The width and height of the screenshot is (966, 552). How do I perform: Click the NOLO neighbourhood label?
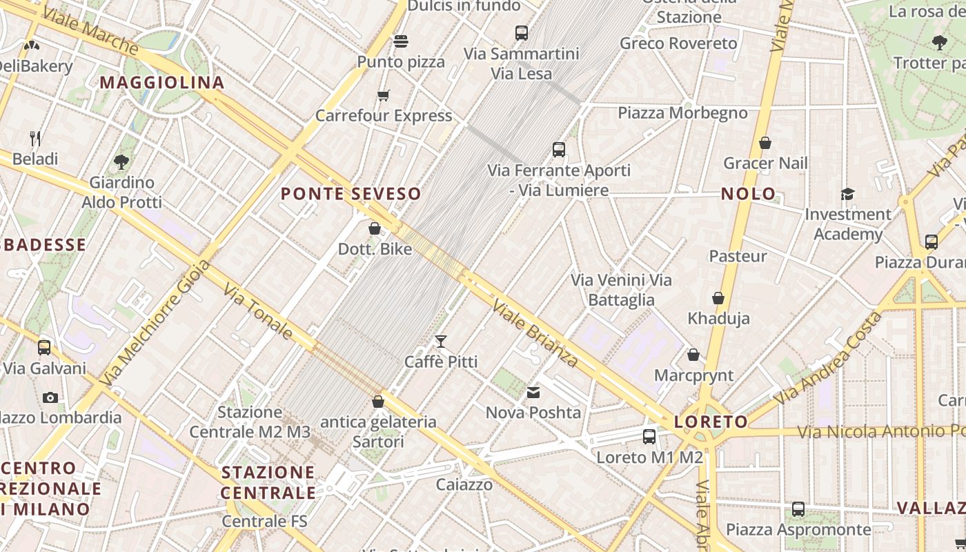(x=749, y=194)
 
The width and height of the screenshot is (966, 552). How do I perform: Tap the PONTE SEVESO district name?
(x=351, y=194)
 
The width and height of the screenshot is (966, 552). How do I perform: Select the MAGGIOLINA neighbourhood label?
(x=162, y=83)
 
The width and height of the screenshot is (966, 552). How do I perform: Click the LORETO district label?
(x=711, y=422)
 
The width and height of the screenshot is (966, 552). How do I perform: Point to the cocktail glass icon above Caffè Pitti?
(x=441, y=342)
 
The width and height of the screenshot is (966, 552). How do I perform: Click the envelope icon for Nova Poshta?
(x=533, y=393)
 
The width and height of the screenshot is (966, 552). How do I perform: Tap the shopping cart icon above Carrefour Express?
(x=384, y=95)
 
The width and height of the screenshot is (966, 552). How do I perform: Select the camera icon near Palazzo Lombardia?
(x=50, y=397)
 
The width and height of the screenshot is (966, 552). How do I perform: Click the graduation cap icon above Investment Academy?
(x=847, y=195)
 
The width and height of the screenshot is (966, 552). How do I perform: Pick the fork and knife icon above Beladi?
(x=35, y=139)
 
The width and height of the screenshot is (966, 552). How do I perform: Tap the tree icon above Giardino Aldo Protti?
(x=121, y=162)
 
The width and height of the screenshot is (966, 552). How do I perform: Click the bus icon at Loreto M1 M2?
(x=649, y=437)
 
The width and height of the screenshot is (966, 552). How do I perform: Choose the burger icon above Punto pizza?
(x=401, y=41)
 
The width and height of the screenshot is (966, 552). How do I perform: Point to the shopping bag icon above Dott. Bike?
(x=375, y=228)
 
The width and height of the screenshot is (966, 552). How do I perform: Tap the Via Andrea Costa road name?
(x=827, y=358)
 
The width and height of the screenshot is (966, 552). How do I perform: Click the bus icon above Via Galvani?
(x=44, y=348)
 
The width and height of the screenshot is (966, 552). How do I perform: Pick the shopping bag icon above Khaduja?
(x=718, y=299)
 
